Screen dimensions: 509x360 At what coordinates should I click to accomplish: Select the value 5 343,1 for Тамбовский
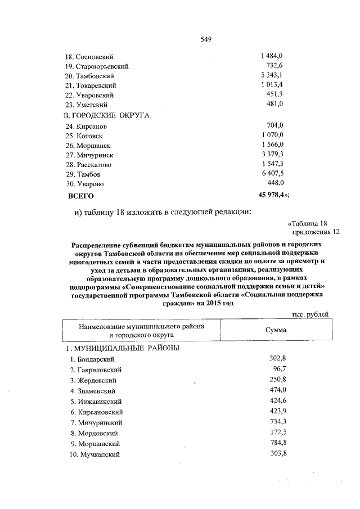(x=271, y=75)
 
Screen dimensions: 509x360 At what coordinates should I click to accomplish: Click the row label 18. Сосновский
(x=89, y=57)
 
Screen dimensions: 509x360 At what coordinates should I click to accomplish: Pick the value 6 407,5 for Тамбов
(x=271, y=174)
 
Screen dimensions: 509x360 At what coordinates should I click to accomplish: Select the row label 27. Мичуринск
(x=89, y=155)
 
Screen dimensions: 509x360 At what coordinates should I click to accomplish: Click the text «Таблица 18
(x=307, y=222)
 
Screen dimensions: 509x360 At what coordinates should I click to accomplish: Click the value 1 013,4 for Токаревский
(x=271, y=85)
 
